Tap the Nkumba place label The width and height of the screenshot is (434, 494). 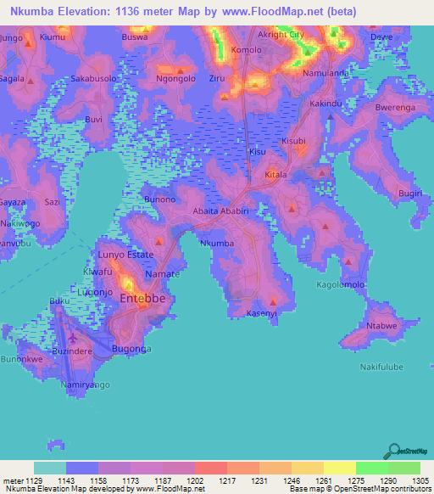216,244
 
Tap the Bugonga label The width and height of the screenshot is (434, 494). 131,349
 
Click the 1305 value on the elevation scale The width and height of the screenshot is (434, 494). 404,480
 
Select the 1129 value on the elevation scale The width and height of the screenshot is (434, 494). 33,480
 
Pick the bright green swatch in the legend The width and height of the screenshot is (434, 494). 372,468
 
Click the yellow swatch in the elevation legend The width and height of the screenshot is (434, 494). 340,468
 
